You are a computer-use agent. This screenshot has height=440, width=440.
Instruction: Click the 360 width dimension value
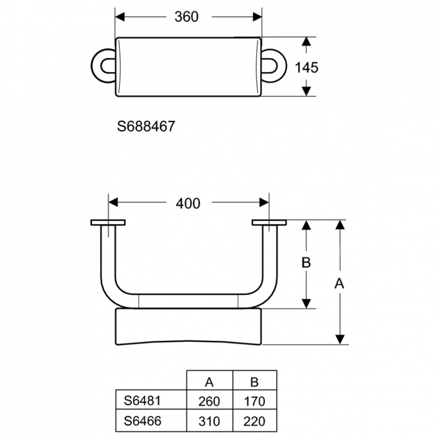[x=187, y=17]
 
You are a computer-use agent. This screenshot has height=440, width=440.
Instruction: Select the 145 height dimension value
[x=306, y=67]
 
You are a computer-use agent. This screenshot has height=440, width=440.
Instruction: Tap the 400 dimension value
[x=188, y=204]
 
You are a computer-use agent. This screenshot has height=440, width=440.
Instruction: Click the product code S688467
[x=147, y=126]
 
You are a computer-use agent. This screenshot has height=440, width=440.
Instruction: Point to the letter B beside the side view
[x=306, y=263]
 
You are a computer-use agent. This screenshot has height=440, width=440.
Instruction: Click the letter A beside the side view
[x=339, y=283]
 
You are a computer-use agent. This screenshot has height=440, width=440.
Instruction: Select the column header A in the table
[x=209, y=383]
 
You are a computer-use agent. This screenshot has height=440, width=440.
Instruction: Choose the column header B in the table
[x=254, y=383]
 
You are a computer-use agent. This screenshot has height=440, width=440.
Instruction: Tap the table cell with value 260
[x=209, y=402]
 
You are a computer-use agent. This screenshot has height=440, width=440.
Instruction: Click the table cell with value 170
[x=254, y=402]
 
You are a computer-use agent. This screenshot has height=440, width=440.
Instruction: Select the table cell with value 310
[x=209, y=421]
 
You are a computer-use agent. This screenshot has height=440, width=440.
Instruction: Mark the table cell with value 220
[x=254, y=421]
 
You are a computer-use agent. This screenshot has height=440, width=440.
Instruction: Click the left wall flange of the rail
[x=108, y=223]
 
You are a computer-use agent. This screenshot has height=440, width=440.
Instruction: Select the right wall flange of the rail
[x=269, y=223]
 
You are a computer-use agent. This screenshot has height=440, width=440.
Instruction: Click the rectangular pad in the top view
[x=188, y=67]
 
